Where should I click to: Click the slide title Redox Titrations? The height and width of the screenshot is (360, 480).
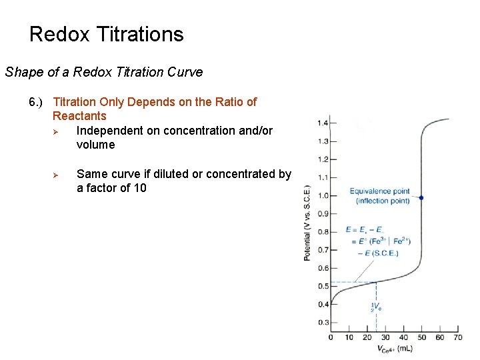(107, 34)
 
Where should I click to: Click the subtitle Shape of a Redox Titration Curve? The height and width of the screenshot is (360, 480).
(104, 72)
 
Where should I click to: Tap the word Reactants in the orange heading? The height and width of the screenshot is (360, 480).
(79, 116)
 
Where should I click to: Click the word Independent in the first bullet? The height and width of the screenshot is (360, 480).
(109, 131)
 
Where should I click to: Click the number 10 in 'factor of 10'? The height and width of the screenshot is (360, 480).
(139, 188)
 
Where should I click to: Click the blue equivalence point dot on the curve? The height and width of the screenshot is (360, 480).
(421, 198)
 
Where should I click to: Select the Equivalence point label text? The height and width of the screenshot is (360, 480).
(379, 192)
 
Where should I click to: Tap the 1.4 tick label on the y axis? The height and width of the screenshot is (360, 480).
(323, 123)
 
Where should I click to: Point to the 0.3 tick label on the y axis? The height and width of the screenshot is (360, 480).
(323, 323)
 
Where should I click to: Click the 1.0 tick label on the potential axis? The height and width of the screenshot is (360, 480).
(323, 195)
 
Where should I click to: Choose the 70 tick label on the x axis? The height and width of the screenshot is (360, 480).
(458, 337)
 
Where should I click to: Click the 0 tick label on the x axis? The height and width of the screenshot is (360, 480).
(331, 337)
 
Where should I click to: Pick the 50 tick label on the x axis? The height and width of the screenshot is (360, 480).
(422, 337)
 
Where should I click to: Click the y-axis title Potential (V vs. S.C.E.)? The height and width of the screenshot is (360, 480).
(307, 223)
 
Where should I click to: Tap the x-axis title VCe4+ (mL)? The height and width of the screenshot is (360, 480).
(395, 349)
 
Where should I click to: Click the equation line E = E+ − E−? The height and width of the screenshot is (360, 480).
(365, 230)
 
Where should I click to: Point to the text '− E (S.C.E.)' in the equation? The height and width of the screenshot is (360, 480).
(379, 253)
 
